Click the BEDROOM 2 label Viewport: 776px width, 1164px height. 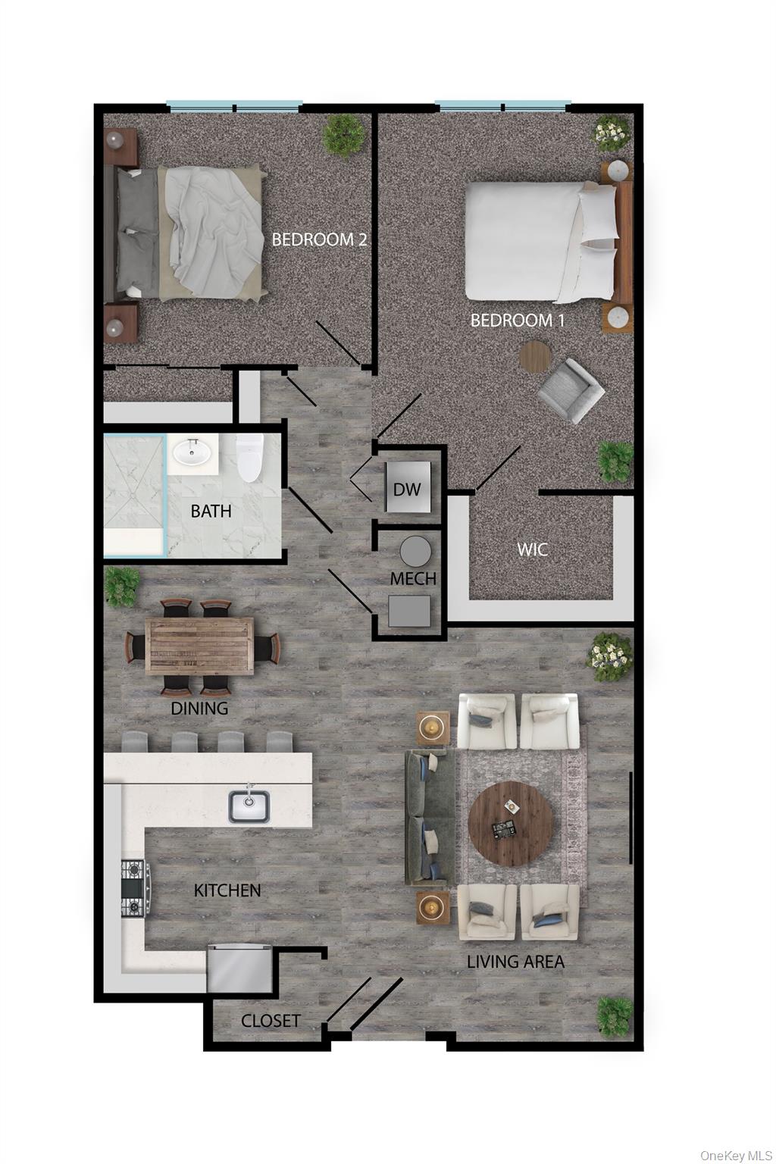[319, 239]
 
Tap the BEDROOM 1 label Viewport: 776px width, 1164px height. [518, 320]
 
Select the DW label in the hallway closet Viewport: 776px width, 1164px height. [406, 489]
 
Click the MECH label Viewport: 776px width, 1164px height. [413, 579]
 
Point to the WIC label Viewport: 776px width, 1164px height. [532, 549]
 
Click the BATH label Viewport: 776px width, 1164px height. [211, 511]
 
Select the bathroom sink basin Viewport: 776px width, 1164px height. [192, 453]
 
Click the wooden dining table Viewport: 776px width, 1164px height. [200, 645]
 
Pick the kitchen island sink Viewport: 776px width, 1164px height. [249, 806]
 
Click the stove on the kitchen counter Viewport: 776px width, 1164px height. [134, 888]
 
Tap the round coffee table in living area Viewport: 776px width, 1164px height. [510, 824]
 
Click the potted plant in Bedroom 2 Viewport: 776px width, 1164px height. [343, 136]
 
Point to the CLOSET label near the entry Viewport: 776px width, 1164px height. [271, 1021]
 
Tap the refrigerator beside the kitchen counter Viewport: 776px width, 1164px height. [239, 968]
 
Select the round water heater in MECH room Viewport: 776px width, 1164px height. [415, 551]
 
